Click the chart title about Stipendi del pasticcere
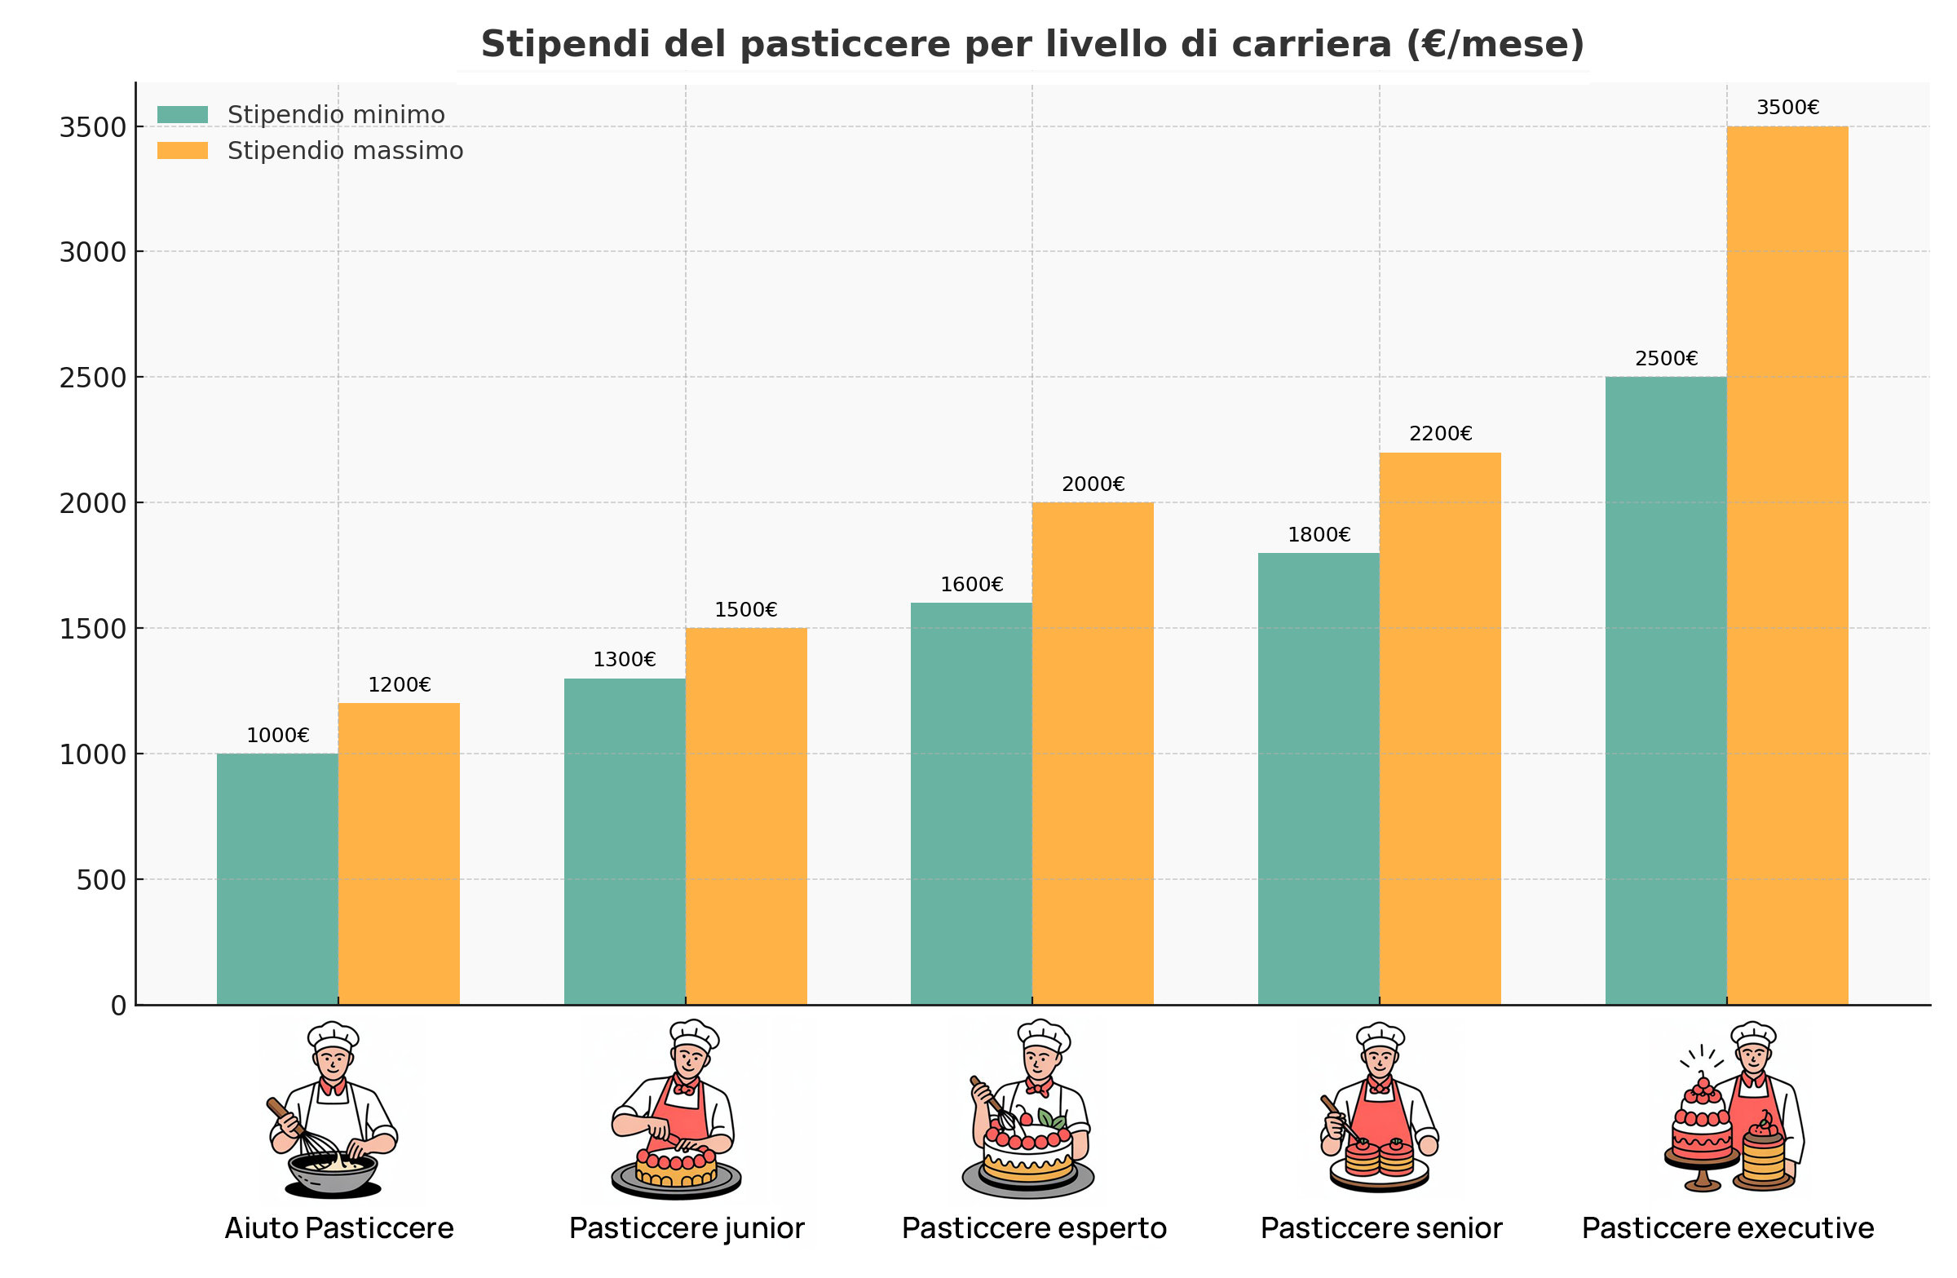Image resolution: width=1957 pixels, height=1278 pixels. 1032,44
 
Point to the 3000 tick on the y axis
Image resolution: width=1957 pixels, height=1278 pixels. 93,253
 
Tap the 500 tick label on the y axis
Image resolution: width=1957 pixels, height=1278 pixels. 102,880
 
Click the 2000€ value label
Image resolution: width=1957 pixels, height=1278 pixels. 1093,484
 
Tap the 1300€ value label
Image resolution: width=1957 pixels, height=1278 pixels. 624,660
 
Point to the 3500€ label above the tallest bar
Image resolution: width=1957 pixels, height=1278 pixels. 1787,108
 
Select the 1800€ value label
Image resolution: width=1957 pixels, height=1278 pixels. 1319,534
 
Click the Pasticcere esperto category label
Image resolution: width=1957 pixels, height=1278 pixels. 1034,1227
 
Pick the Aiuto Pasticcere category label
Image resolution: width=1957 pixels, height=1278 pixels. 338,1227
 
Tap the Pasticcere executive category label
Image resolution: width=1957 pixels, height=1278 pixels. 1728,1227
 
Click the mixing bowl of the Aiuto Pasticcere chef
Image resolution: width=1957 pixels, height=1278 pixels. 332,1171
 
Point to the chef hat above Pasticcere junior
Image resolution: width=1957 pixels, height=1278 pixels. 693,1035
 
